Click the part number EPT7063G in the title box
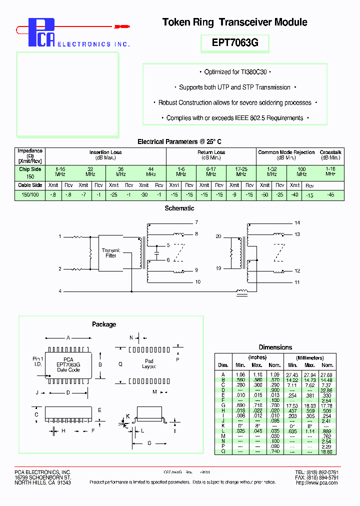[x=234, y=43]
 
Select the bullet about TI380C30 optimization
[x=234, y=72]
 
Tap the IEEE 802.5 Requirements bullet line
[x=234, y=118]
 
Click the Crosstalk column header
[x=330, y=152]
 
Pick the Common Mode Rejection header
[x=286, y=152]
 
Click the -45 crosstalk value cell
[x=330, y=194]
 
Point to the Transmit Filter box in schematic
[x=111, y=253]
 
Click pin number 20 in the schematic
[x=218, y=235]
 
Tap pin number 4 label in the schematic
[x=60, y=290]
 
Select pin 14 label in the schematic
[x=297, y=222]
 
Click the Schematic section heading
[x=179, y=208]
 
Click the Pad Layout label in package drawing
[x=149, y=364]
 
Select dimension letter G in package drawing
[x=148, y=443]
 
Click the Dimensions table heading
[x=275, y=347]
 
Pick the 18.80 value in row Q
[x=327, y=451]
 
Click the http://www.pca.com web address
[x=310, y=482]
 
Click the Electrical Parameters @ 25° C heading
[x=179, y=141]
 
